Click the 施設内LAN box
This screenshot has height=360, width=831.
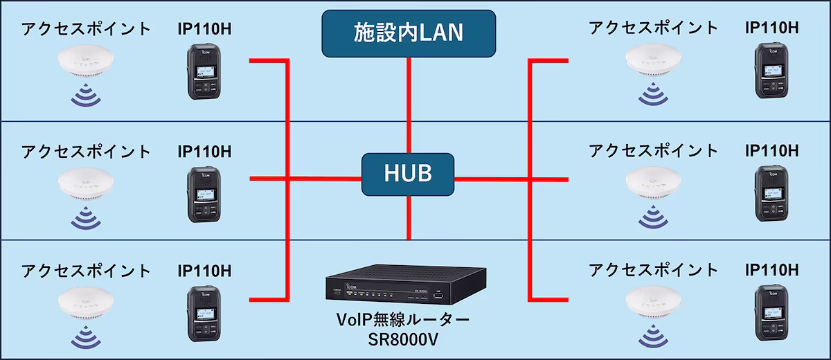tap(409, 33)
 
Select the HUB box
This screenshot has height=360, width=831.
tap(409, 173)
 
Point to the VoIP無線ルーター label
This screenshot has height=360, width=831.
tap(403, 322)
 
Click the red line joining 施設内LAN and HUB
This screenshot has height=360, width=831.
tap(409, 104)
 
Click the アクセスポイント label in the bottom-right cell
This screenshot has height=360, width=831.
tap(653, 269)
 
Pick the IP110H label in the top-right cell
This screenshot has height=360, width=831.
tap(771, 28)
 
